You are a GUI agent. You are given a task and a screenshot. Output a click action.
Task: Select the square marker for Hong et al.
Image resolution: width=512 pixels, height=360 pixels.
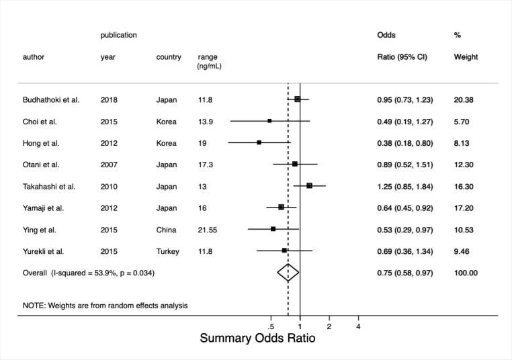point(259,142)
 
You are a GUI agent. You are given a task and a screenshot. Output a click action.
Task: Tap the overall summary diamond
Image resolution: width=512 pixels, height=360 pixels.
point(288,273)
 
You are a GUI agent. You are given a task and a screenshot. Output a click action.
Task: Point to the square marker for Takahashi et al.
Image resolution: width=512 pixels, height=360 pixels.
point(309,186)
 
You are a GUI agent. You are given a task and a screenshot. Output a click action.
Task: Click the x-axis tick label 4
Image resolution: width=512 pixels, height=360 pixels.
point(358,326)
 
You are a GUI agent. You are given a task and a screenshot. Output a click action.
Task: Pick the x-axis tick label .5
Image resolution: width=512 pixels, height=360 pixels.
point(271,326)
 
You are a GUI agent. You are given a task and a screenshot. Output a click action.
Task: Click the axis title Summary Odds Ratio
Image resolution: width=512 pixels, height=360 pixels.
point(257,339)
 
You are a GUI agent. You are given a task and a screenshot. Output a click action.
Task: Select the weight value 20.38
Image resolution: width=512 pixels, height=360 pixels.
point(465,100)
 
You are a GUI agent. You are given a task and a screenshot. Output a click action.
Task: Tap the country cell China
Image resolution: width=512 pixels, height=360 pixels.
point(166,230)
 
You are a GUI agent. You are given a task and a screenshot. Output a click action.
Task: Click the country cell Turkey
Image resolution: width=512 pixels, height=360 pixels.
point(168,251)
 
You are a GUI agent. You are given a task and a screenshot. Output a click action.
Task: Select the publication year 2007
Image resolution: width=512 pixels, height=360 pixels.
point(108,165)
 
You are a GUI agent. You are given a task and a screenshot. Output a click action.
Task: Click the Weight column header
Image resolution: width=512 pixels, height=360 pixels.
point(466,57)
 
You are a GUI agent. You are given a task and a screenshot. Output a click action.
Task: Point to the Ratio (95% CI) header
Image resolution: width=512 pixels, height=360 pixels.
point(405,57)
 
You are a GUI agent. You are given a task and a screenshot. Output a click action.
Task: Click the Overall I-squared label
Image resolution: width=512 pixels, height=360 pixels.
point(93,273)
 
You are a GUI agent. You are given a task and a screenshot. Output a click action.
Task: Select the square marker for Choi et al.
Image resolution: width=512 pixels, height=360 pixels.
point(269,121)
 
